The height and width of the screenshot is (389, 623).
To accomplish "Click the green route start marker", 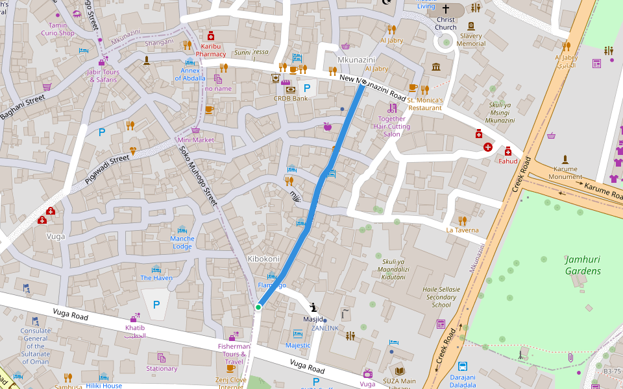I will click(x=258, y=307).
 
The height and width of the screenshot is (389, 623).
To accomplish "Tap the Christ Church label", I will click(x=445, y=23).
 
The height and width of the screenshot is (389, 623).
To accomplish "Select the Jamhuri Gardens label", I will click(x=582, y=265).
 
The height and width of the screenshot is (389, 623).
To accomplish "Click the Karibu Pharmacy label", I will click(x=210, y=51).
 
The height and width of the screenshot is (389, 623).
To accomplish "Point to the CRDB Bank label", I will click(x=291, y=99).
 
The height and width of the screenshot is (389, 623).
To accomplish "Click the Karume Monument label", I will click(x=565, y=173).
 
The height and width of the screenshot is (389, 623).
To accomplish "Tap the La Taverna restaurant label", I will click(x=462, y=230).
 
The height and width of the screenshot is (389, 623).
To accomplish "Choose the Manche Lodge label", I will click(x=182, y=242).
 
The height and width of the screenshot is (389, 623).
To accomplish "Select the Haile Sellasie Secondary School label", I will click(x=441, y=297).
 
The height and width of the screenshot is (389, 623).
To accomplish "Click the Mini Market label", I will click(x=195, y=139).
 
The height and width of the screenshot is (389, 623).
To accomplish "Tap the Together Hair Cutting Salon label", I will click(x=392, y=126).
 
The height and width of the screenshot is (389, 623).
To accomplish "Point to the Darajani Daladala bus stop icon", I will click(x=463, y=366).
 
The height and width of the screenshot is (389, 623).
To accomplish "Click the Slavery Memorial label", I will click(x=470, y=40).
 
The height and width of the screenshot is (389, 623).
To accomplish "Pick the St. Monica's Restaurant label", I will click(x=425, y=104).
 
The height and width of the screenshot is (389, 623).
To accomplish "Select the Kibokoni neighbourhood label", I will click(x=263, y=259).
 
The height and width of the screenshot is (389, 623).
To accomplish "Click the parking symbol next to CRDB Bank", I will click(x=307, y=87).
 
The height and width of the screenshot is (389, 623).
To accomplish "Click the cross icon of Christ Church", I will click(x=445, y=9).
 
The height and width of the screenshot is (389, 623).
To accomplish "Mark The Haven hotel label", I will click(x=156, y=278).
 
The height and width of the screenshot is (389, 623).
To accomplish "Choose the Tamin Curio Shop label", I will click(x=58, y=29).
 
